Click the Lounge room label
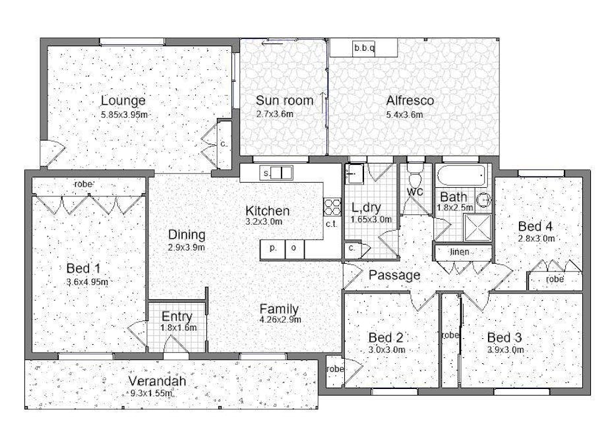click(123, 101)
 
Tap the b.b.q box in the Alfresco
click(363, 48)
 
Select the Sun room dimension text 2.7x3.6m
click(274, 114)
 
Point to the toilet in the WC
click(415, 178)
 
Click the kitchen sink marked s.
click(276, 173)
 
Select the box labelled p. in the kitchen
click(272, 249)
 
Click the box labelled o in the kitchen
click(294, 249)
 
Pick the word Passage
click(394, 275)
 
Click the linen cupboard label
click(460, 252)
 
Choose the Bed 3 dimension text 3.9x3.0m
click(505, 350)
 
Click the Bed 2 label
click(386, 337)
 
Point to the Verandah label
click(157, 382)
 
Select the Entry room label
click(177, 316)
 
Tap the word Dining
click(187, 235)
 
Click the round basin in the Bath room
click(484, 199)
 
